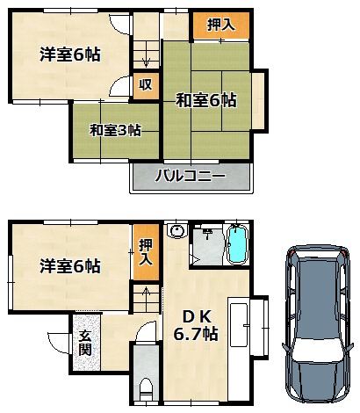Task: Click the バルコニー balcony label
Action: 191,177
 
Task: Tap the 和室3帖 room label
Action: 115,130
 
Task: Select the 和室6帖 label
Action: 206,100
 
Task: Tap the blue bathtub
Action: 237,244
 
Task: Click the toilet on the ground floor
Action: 146,389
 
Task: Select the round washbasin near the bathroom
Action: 176,231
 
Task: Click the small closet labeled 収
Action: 146,85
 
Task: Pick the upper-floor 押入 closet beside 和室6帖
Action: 221,25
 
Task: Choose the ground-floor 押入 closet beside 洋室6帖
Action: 146,252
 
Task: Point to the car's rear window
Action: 318,256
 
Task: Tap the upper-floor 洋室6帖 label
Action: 70,54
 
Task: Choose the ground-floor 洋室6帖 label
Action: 70,265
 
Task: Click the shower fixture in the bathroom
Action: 208,233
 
